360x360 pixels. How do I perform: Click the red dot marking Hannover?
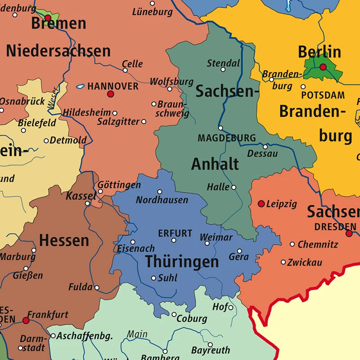110,94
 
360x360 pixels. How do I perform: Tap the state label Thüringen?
182,261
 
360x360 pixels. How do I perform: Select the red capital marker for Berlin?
323,67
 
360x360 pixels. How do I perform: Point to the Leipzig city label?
282,204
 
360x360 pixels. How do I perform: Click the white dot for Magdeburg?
220,128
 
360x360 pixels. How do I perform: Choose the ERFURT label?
175,234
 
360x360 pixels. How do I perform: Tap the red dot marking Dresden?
349,233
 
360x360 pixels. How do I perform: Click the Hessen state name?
64,240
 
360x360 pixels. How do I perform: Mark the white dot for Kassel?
88,203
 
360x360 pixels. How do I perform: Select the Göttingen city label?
119,185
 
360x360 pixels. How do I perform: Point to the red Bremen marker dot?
48,18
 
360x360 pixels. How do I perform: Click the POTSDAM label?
323,95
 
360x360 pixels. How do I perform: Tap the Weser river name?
53,96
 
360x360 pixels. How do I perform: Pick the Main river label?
137,334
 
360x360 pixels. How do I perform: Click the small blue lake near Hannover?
80,86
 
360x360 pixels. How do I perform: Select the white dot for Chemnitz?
292,244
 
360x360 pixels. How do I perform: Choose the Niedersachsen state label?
58,51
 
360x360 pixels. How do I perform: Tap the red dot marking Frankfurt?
26,320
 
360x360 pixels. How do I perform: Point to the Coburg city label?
192,319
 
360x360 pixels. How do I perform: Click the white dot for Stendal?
223,70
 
